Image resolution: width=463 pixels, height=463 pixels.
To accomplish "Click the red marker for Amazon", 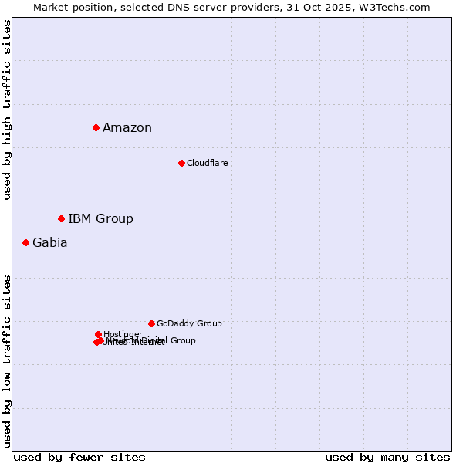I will click(x=96, y=127).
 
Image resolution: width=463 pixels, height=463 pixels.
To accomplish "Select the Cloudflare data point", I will click(x=181, y=163).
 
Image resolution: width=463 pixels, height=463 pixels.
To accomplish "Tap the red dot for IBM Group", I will click(x=61, y=218).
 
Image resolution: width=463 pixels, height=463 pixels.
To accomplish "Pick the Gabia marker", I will click(x=25, y=242).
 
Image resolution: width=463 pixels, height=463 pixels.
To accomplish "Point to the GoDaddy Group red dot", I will click(x=151, y=323).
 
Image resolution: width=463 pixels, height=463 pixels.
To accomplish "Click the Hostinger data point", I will click(x=99, y=334).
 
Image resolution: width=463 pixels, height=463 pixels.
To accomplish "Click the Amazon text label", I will click(x=127, y=128).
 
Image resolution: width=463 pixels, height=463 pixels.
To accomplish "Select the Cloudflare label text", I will click(x=207, y=163).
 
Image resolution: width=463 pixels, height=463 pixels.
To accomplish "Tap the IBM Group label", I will click(x=100, y=219).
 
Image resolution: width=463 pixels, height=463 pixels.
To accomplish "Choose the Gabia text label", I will click(x=49, y=243).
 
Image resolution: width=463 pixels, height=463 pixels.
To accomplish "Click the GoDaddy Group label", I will click(x=189, y=324).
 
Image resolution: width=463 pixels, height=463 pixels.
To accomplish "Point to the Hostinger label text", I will click(x=123, y=334).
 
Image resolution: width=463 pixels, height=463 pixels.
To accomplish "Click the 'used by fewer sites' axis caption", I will click(x=79, y=457).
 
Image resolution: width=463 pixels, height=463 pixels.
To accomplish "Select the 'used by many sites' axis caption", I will click(x=387, y=457).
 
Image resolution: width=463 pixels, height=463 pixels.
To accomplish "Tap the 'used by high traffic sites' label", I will click(x=8, y=110).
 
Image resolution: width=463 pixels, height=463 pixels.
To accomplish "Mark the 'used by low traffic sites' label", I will click(x=8, y=360).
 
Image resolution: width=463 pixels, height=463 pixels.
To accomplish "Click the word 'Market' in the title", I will click(x=51, y=7).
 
